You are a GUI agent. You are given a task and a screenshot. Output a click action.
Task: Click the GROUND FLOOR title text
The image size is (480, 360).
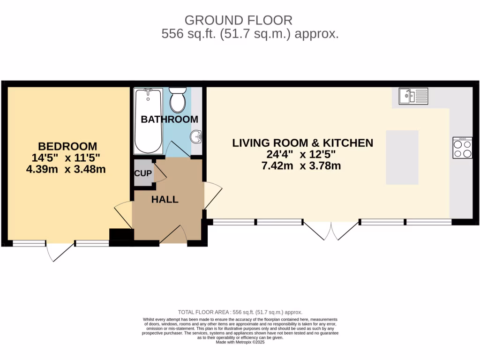(238, 20)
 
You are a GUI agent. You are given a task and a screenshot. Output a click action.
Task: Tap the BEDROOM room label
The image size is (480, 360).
(67, 146)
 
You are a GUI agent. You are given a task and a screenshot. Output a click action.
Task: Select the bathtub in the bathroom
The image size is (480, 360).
(148, 120)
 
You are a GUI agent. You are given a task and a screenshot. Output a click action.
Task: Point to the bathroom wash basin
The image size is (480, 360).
(196, 137)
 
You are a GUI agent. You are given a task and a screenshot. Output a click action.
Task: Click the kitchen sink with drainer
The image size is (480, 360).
(413, 96)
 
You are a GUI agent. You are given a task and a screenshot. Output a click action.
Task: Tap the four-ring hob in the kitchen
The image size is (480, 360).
(462, 148)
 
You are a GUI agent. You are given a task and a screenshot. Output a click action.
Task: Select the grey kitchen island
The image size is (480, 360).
(402, 157)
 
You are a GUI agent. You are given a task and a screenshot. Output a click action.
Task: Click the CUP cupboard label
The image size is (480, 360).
(143, 173)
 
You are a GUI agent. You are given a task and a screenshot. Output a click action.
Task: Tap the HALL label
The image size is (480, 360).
(165, 200)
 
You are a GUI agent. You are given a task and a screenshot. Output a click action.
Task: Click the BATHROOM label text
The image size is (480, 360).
(169, 120)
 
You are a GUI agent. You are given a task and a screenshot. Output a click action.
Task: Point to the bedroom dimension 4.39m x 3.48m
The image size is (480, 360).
(66, 169)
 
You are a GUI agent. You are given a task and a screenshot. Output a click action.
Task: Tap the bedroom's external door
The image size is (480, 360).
(60, 251)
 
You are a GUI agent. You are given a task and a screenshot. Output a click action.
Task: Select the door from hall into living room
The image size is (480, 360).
(212, 195)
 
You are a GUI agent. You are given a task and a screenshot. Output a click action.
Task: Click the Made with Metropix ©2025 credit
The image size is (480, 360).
(240, 343)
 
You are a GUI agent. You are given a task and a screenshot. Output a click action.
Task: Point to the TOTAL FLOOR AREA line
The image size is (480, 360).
(240, 312)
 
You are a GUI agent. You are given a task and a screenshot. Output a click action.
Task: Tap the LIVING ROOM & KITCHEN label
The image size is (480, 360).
(303, 143)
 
